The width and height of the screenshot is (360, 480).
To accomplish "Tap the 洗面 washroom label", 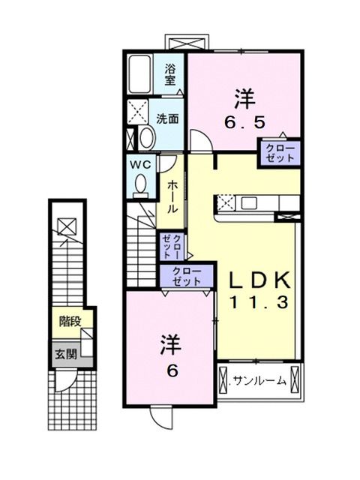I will coord(167,118).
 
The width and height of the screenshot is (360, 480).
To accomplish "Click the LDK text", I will coord(259,280).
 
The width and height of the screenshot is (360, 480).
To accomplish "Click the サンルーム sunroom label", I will coord(259,381).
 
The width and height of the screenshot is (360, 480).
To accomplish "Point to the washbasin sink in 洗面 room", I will coord(146,136).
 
